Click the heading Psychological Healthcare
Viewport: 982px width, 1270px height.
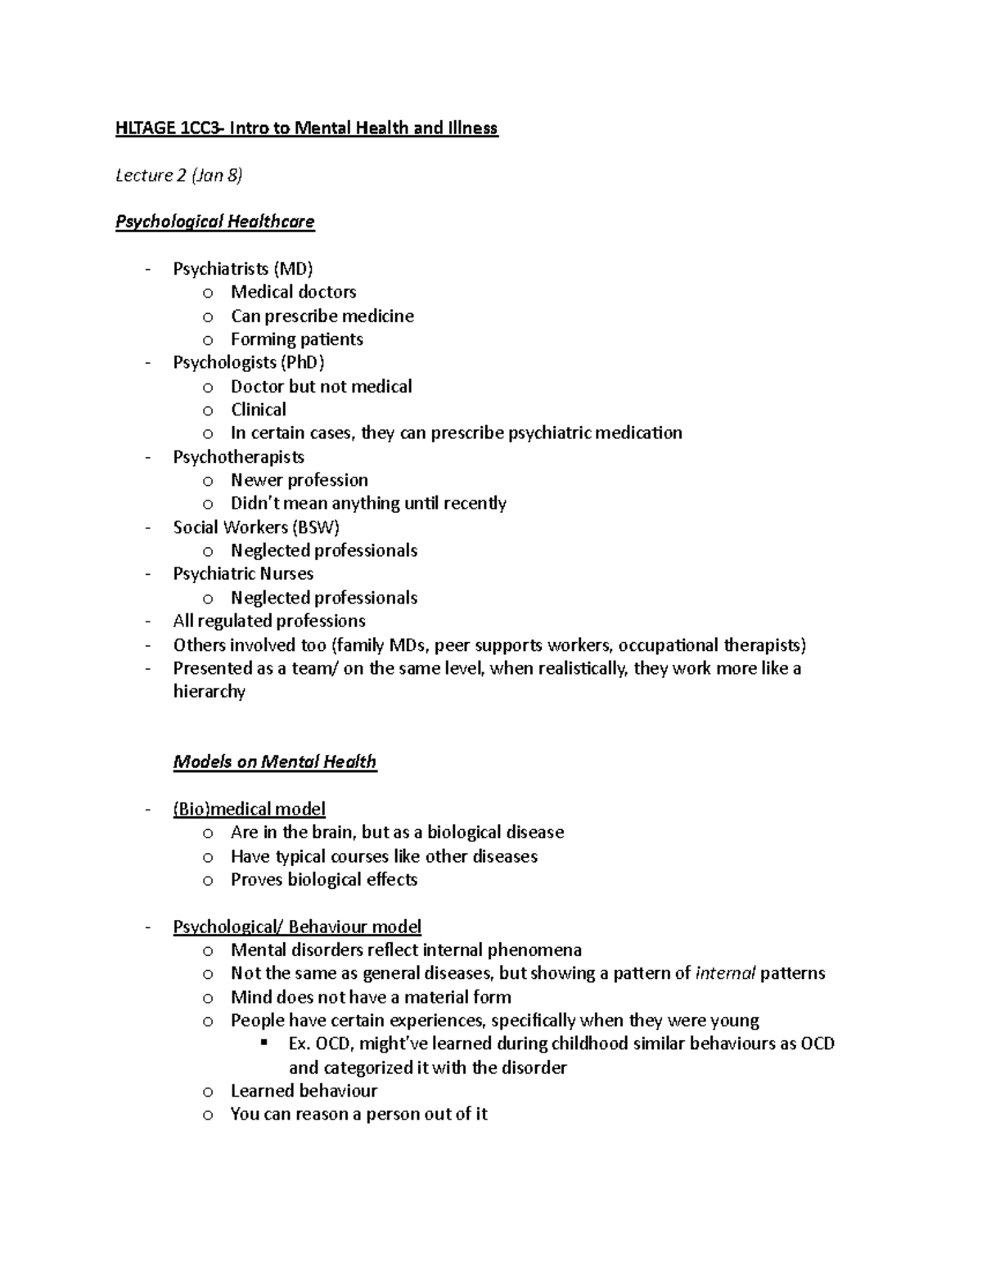pos(214,222)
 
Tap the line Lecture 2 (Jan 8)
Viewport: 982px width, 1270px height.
pos(179,175)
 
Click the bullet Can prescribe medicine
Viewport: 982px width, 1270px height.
pos(322,316)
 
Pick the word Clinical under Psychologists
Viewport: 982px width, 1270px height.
pos(259,410)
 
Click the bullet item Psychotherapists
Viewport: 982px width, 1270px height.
pos(238,456)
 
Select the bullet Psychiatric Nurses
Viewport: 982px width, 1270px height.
pos(243,574)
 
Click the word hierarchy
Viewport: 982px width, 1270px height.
pos(209,692)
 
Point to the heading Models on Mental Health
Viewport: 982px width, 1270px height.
pos(274,762)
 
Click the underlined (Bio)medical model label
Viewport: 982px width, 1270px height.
pos(249,810)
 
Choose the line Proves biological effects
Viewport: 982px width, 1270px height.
pos(324,880)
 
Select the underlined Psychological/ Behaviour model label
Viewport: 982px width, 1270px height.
pos(297,927)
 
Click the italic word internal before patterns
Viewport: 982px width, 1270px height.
pos(724,973)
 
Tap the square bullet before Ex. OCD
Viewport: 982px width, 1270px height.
pos(264,1043)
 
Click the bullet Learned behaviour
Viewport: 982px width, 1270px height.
pos(304,1091)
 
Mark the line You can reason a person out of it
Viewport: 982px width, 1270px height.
pos(358,1115)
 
